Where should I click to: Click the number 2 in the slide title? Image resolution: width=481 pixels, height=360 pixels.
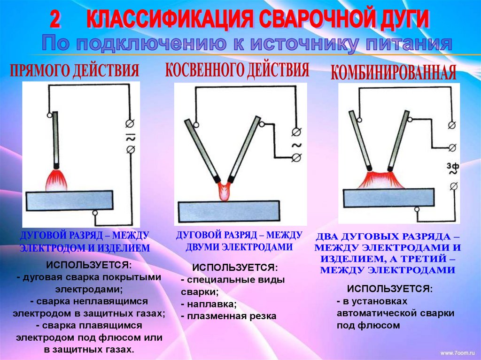55,20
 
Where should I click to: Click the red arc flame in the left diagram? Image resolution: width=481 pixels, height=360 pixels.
56,180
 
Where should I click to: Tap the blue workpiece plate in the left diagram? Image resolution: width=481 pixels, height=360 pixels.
70,200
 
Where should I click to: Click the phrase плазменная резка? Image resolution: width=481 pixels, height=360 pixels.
232,316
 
